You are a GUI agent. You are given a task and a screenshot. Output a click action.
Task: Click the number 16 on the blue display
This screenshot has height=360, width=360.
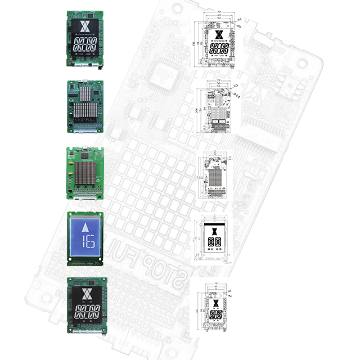tap(87, 242)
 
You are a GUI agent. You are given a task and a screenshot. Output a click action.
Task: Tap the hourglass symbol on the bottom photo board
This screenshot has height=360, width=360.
tap(86, 294)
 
